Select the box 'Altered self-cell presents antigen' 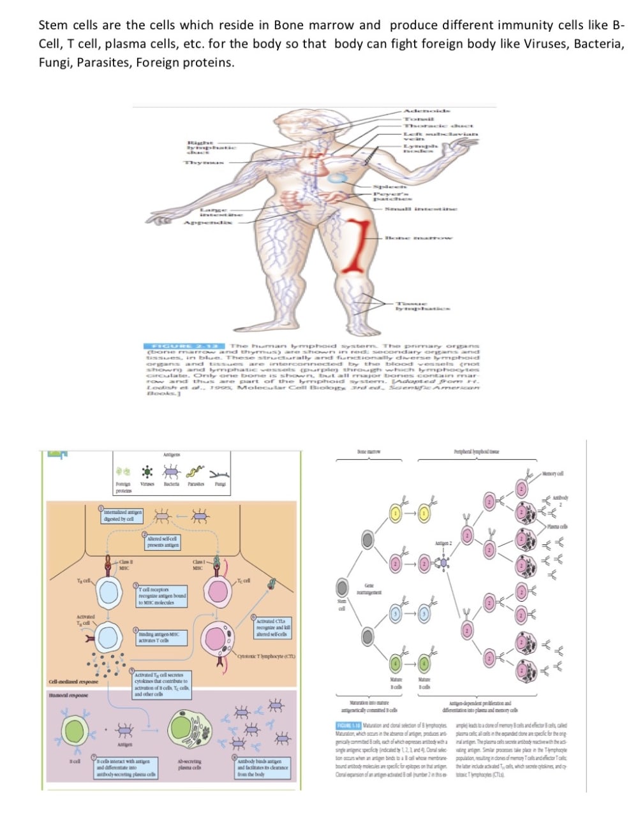click(x=163, y=542)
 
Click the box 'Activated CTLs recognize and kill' click(x=271, y=627)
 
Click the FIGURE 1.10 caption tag click(x=348, y=726)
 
